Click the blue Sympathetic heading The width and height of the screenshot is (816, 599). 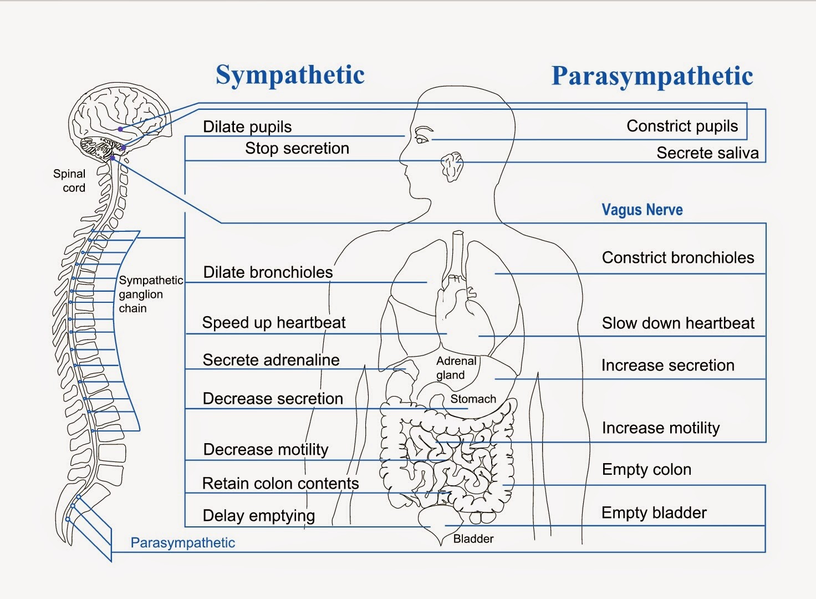click(x=290, y=75)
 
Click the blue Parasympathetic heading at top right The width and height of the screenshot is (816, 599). click(x=652, y=77)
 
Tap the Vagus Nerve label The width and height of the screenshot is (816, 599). click(x=642, y=210)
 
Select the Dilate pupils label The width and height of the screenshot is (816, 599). click(x=247, y=127)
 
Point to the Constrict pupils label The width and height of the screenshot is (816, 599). click(x=682, y=126)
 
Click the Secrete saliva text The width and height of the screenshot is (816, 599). click(x=707, y=153)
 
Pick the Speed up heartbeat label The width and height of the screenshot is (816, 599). click(x=274, y=323)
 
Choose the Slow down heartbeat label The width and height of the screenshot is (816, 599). click(x=678, y=323)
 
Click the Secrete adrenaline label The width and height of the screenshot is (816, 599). click(x=271, y=361)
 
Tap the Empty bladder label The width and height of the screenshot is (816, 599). click(x=654, y=513)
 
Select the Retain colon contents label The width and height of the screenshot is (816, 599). click(x=280, y=484)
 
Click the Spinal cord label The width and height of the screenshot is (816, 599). click(x=70, y=181)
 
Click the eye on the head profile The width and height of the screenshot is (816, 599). click(x=422, y=139)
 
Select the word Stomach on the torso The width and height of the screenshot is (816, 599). click(x=473, y=399)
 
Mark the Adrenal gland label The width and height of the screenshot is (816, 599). click(x=456, y=368)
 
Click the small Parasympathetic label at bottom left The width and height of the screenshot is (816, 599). click(x=182, y=543)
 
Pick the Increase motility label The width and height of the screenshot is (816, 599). click(x=660, y=428)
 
